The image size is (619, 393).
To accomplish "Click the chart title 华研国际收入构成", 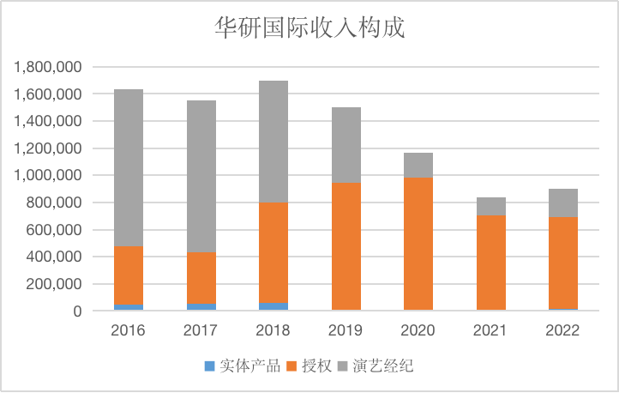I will click(309, 27).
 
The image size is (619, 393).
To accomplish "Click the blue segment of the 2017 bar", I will click(201, 306).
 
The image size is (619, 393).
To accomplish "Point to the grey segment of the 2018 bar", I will click(273, 142).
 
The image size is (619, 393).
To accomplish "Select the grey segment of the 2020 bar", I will click(418, 166).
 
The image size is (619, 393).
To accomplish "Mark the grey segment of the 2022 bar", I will click(563, 203).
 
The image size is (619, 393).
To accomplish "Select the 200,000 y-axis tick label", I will click(53, 284).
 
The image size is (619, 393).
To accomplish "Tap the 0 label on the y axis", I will click(76, 311).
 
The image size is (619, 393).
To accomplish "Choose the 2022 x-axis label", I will click(563, 330).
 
